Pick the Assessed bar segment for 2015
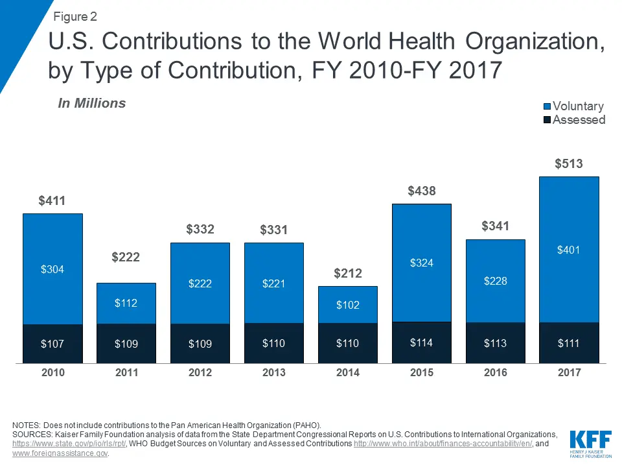[x=421, y=343]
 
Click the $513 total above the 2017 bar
[x=569, y=164]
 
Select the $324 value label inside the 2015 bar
[x=421, y=263]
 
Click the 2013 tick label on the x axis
[x=273, y=373]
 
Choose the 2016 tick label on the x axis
[x=495, y=373]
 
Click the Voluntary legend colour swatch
[x=546, y=106]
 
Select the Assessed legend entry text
[x=579, y=120]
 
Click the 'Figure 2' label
[x=75, y=16]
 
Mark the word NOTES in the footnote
[x=29, y=425]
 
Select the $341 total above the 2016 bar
[x=495, y=226]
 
